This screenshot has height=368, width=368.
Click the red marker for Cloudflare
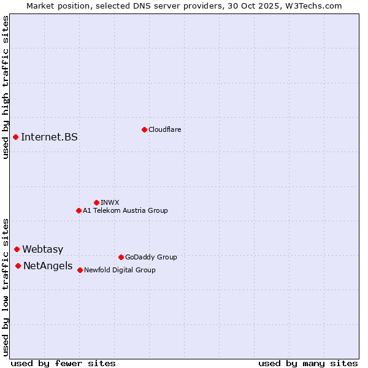click(144, 129)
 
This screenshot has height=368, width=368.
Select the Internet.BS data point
click(15, 137)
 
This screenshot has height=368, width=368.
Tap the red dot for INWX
click(96, 202)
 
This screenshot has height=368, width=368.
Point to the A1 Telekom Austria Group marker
click(79, 210)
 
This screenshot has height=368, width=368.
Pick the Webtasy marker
click(17, 249)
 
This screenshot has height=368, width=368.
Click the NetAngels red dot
click(18, 266)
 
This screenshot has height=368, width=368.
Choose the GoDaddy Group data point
click(121, 257)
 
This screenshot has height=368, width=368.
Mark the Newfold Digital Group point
click(80, 270)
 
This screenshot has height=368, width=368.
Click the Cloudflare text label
click(164, 129)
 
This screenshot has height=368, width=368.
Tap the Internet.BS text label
click(49, 137)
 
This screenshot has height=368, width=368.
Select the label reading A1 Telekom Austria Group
click(125, 210)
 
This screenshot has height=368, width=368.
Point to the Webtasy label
click(42, 249)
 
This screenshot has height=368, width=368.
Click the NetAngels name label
click(47, 266)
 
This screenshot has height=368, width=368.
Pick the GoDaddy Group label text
click(150, 257)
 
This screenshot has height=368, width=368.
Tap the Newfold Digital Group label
click(120, 270)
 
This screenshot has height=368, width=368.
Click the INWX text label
click(110, 202)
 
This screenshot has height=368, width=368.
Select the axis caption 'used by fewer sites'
click(63, 363)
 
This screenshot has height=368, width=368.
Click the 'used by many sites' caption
click(308, 363)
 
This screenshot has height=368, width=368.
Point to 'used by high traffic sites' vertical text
click(6, 87)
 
